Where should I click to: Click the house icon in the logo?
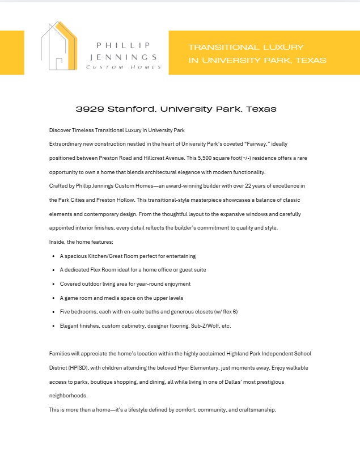(59, 48)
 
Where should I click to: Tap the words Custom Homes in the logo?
(123, 67)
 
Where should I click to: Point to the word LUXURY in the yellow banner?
(281, 47)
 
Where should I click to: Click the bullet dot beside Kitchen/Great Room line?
(53, 256)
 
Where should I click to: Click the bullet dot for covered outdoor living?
(53, 284)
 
